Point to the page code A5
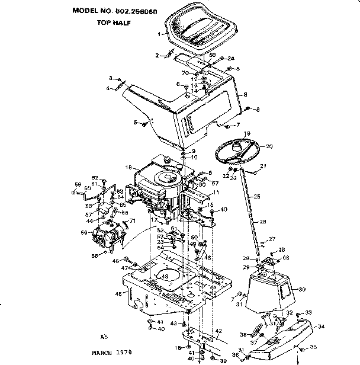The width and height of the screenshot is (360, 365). pyautogui.click(x=104, y=335)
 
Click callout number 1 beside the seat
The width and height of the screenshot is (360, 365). pyautogui.click(x=159, y=35)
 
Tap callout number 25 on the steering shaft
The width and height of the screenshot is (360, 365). pyautogui.click(x=256, y=196)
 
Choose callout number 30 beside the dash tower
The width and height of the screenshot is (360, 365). pyautogui.click(x=302, y=290)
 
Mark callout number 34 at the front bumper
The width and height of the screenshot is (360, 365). pyautogui.click(x=321, y=326)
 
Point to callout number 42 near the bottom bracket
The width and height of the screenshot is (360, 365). pyautogui.click(x=218, y=331)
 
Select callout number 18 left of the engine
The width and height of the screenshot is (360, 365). pyautogui.click(x=128, y=168)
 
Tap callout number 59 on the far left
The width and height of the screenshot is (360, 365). pyautogui.click(x=76, y=184)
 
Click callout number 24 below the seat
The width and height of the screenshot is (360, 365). pyautogui.click(x=231, y=58)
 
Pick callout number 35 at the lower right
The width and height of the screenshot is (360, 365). pyautogui.click(x=313, y=347)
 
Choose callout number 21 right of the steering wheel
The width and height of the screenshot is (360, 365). pyautogui.click(x=263, y=166)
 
